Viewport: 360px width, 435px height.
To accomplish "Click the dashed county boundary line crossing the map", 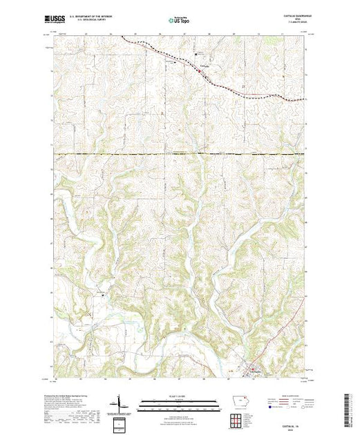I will [180, 154].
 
